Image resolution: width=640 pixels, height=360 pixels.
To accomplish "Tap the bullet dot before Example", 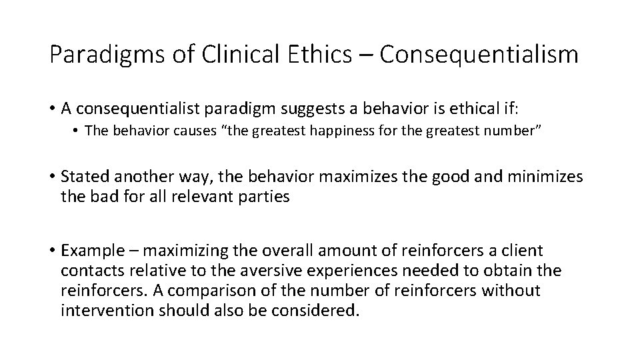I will click(52, 251).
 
